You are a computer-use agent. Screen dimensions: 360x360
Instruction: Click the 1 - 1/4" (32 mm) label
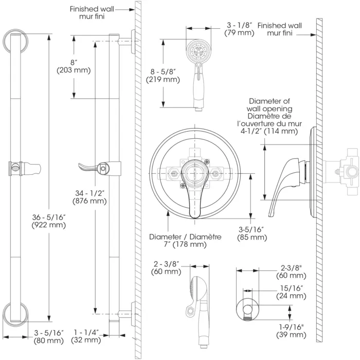coord(85,336)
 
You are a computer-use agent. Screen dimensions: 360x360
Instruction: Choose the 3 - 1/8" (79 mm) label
coord(239,29)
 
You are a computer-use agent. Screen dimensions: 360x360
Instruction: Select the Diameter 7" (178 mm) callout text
coord(185,240)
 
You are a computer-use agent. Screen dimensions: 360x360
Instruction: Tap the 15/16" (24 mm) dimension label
coord(291,293)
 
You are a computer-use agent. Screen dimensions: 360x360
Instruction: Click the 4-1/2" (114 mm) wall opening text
coord(271,131)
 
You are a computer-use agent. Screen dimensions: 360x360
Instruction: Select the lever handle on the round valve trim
coord(194,193)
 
